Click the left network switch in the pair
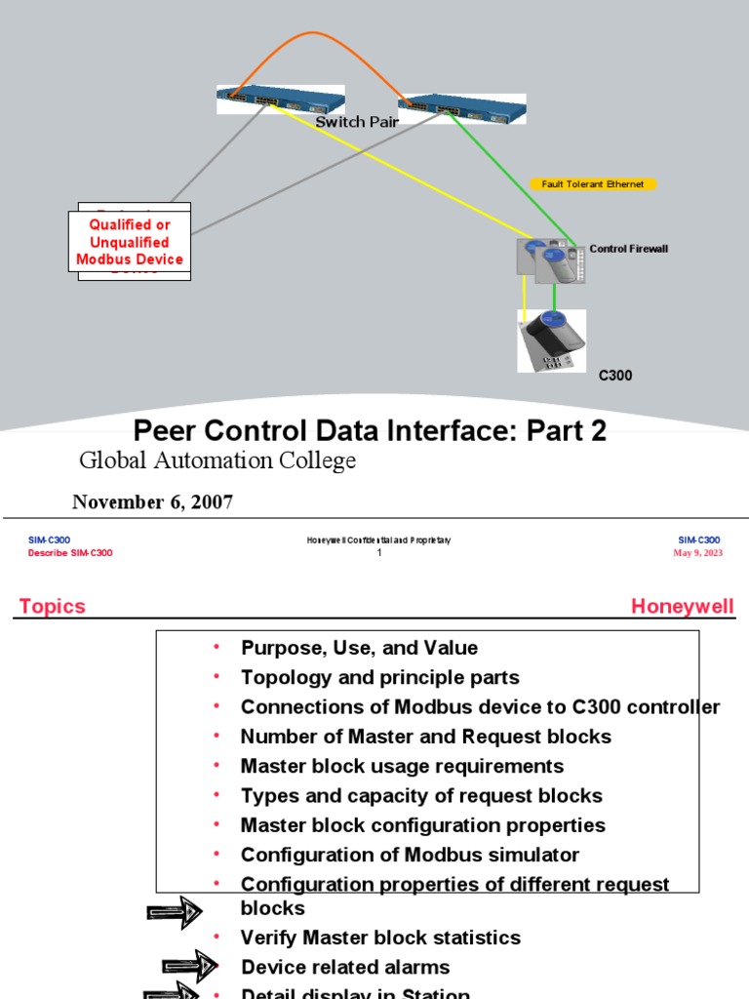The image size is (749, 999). (265, 99)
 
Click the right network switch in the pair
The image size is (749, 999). (461, 107)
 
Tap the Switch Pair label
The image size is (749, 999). (358, 122)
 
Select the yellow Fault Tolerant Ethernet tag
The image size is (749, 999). (593, 183)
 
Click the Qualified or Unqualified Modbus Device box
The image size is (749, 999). (130, 242)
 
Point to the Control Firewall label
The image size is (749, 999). (629, 249)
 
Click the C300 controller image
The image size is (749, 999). (551, 340)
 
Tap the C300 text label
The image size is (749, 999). (615, 375)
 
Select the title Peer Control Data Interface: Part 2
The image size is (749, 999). (370, 430)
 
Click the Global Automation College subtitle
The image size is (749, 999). (217, 460)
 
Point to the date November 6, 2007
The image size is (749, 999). (152, 501)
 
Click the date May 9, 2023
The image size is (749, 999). (697, 553)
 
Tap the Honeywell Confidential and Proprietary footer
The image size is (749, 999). (378, 540)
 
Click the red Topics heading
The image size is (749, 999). (53, 606)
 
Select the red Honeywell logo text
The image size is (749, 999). (682, 606)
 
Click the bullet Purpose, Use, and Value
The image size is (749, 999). (359, 648)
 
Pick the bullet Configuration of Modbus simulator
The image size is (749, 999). (410, 855)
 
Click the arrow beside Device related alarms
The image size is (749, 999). (190, 967)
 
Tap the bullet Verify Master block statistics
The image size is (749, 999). (380, 938)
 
